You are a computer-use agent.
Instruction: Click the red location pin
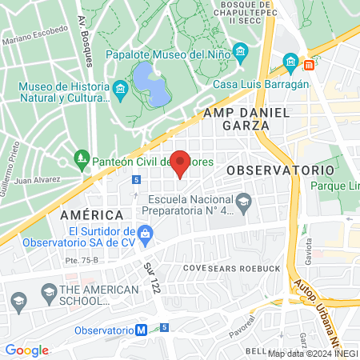point(181,162)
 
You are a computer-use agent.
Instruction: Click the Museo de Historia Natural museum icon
point(121,87)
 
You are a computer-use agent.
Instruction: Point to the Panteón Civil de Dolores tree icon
point(81,159)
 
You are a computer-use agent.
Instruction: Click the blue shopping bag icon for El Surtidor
point(145,234)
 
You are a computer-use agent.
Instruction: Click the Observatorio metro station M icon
point(141,330)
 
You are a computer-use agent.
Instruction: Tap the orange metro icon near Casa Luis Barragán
point(310,62)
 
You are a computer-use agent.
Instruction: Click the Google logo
point(26,350)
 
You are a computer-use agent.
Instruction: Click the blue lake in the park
point(150,85)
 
